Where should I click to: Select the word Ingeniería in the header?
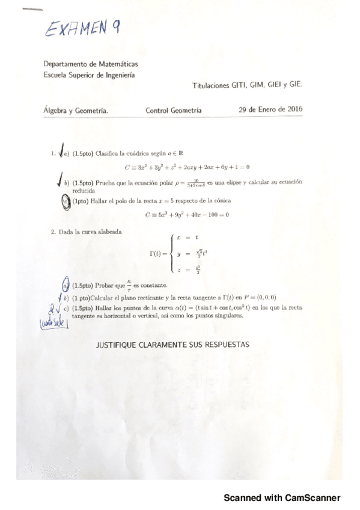118,75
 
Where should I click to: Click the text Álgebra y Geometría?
76,111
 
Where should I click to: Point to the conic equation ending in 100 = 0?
187,215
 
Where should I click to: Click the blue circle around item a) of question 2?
66,286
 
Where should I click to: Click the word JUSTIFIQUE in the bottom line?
118,345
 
